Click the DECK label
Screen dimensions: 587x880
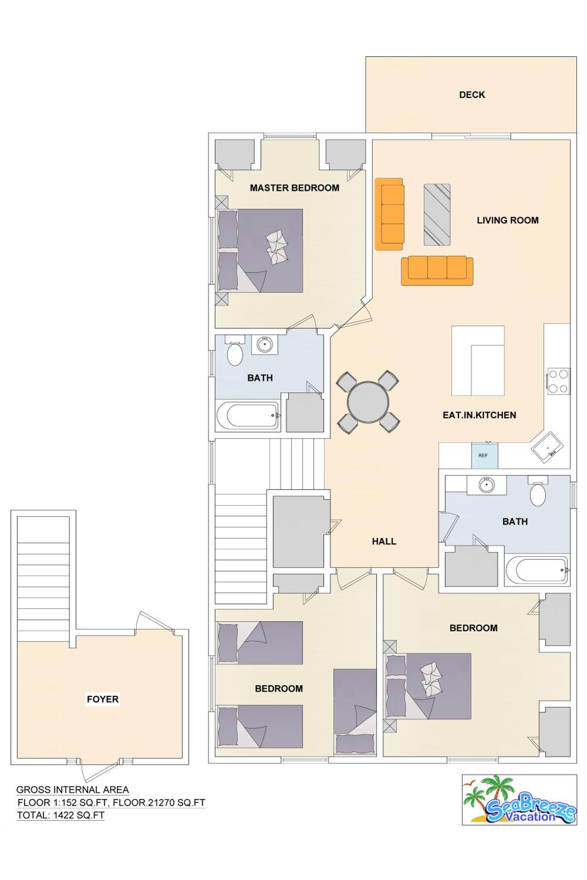472,95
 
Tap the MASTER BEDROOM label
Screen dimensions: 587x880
295,188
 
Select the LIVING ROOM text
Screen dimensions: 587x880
508,220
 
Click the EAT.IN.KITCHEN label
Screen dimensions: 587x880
479,415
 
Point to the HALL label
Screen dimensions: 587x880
384,541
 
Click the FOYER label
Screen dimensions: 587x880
102,699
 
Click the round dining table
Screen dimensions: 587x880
368,402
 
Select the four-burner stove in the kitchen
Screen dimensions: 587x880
559,381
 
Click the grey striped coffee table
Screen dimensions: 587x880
437,214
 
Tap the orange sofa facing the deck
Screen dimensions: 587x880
437,270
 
